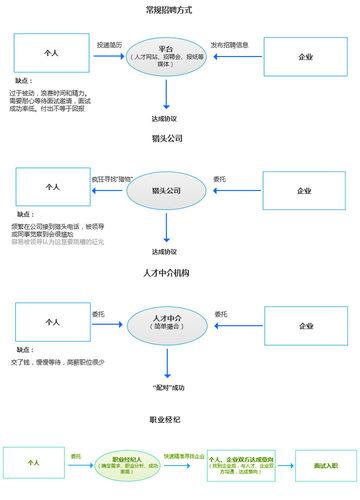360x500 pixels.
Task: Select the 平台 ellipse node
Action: (x=167, y=55)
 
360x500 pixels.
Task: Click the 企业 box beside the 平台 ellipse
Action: (x=305, y=57)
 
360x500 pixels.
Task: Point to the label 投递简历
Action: (x=110, y=46)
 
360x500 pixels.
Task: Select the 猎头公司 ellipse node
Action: (x=166, y=188)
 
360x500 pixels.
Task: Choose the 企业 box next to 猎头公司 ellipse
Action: (x=305, y=190)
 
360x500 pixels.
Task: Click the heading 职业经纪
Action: (x=166, y=421)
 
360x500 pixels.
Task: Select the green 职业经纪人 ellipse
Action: (x=138, y=463)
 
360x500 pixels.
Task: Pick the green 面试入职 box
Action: (x=321, y=465)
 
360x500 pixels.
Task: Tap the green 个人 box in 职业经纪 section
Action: (x=34, y=463)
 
